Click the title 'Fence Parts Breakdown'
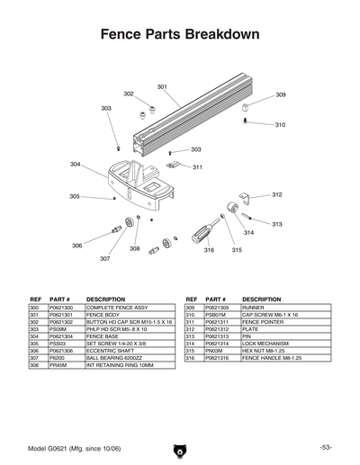point(180,35)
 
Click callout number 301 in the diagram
point(162,86)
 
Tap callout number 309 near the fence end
point(281,94)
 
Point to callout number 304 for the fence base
point(76,164)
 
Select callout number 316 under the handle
point(209,250)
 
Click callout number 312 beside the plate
point(277,194)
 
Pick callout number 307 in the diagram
point(104,258)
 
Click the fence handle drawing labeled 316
point(202,232)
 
